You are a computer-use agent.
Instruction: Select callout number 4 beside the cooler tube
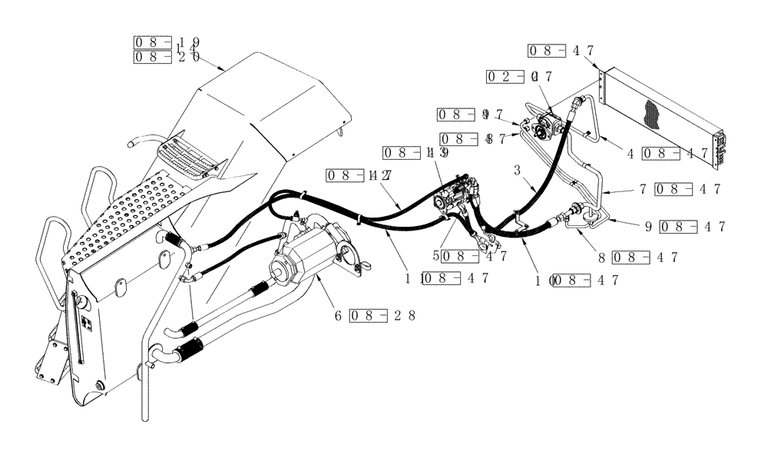pyautogui.click(x=630, y=153)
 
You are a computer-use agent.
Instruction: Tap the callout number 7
pyautogui.click(x=642, y=188)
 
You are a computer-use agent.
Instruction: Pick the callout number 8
pyautogui.click(x=601, y=257)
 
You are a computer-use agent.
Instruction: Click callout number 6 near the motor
pyautogui.click(x=336, y=315)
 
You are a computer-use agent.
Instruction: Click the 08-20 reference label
pyautogui.click(x=167, y=57)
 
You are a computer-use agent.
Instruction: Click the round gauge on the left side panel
pyautogui.click(x=80, y=304)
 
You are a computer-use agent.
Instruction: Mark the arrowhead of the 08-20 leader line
pyautogui.click(x=223, y=71)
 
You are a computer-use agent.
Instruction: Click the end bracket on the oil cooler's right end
pyautogui.click(x=722, y=148)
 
